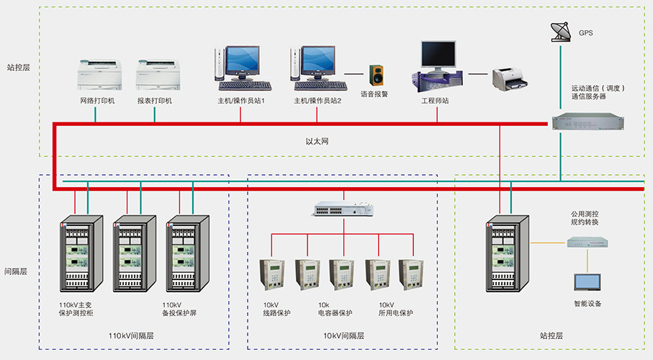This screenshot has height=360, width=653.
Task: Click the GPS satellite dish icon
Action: point(559,30)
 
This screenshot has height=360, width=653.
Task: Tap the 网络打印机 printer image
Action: point(99,74)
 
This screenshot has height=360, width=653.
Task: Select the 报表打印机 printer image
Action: point(157,74)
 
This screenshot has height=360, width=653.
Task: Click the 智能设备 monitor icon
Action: point(587,283)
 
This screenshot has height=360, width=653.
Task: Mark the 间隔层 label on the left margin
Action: point(16,271)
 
